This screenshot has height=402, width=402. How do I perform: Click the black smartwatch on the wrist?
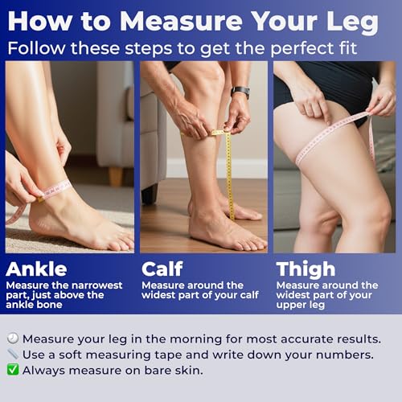point(240,92)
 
